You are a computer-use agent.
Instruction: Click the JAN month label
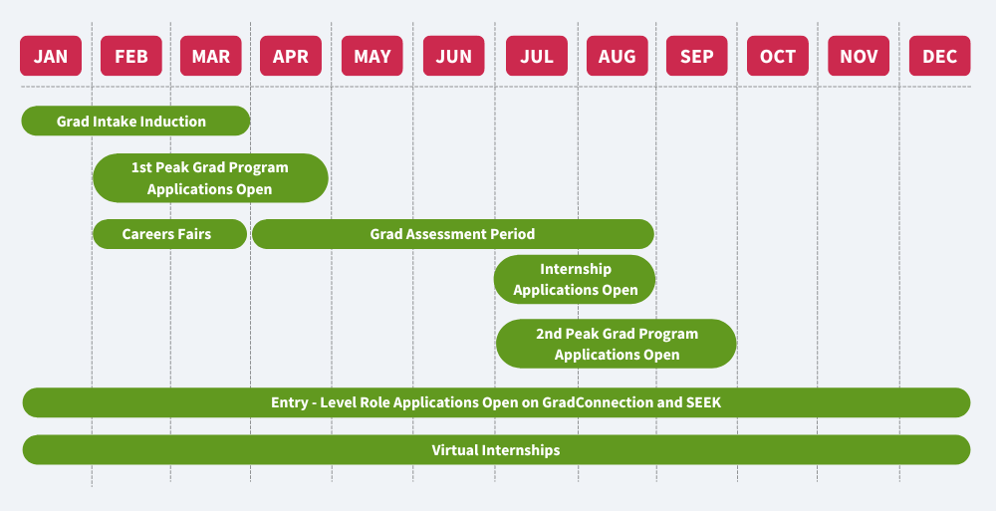(x=51, y=56)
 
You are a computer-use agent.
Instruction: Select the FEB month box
(x=130, y=56)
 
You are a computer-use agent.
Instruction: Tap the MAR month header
(x=210, y=56)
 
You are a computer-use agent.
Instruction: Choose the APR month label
(x=291, y=56)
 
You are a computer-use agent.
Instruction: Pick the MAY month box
(x=373, y=56)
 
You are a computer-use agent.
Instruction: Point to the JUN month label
(x=453, y=56)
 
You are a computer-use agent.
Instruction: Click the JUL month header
(x=536, y=56)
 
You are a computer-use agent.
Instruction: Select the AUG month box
(x=617, y=56)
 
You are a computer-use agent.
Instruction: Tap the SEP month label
(x=697, y=56)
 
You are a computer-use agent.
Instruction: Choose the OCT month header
(x=778, y=56)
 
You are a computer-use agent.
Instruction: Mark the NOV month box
(x=859, y=56)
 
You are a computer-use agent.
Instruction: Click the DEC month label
(x=939, y=56)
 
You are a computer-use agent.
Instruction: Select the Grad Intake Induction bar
(x=135, y=122)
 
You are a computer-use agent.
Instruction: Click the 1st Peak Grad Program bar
(x=210, y=178)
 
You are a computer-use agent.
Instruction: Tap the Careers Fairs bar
(x=168, y=234)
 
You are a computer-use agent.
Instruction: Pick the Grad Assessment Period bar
(x=453, y=234)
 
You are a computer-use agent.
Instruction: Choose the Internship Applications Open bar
(x=575, y=280)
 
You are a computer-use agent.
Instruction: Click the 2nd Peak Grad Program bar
(x=617, y=344)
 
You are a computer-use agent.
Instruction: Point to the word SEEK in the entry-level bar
(x=702, y=402)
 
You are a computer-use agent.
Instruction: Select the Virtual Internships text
(x=496, y=450)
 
